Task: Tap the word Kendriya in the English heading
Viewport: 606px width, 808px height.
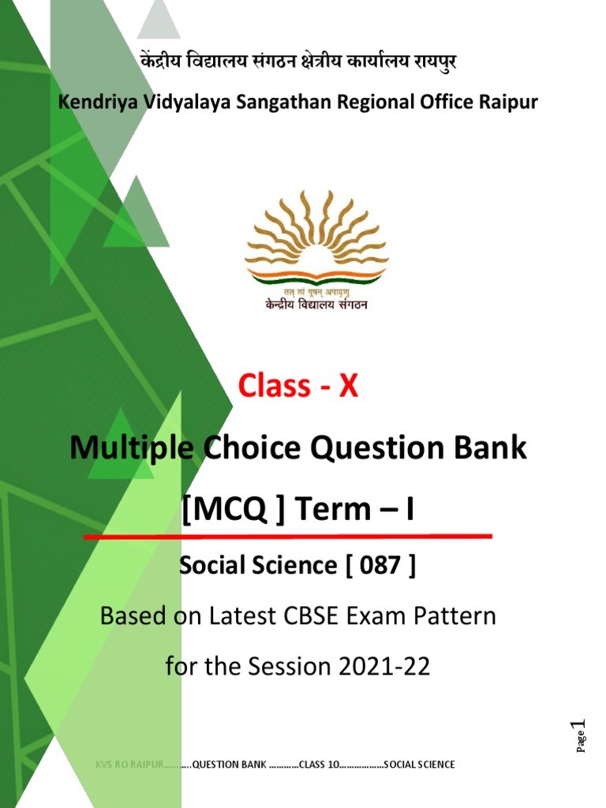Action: (94, 102)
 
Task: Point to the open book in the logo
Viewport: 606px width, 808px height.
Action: (316, 275)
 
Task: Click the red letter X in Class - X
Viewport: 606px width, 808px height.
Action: (348, 386)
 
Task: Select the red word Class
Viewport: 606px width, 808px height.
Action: (274, 386)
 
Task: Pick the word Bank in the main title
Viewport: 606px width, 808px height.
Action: (492, 448)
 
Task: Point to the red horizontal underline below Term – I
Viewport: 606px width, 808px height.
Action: (288, 537)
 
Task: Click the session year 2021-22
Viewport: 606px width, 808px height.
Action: (386, 666)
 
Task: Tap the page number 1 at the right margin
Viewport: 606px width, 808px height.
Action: (582, 726)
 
